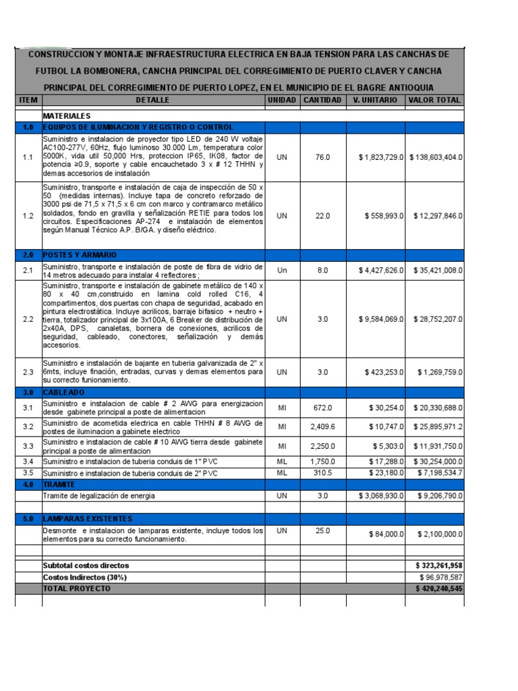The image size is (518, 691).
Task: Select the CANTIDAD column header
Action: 322,100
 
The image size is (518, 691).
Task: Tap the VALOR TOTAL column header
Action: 435,100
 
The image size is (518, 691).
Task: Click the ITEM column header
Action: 28,100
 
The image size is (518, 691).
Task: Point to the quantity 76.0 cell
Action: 322,157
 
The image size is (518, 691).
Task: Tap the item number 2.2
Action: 28,319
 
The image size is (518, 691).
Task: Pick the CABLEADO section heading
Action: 65,392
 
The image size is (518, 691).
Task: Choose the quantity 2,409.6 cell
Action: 322,426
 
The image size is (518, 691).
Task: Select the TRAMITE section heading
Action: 59,485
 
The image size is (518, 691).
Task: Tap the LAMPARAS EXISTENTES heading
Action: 87,519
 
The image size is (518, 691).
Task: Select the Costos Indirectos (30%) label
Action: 84,578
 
